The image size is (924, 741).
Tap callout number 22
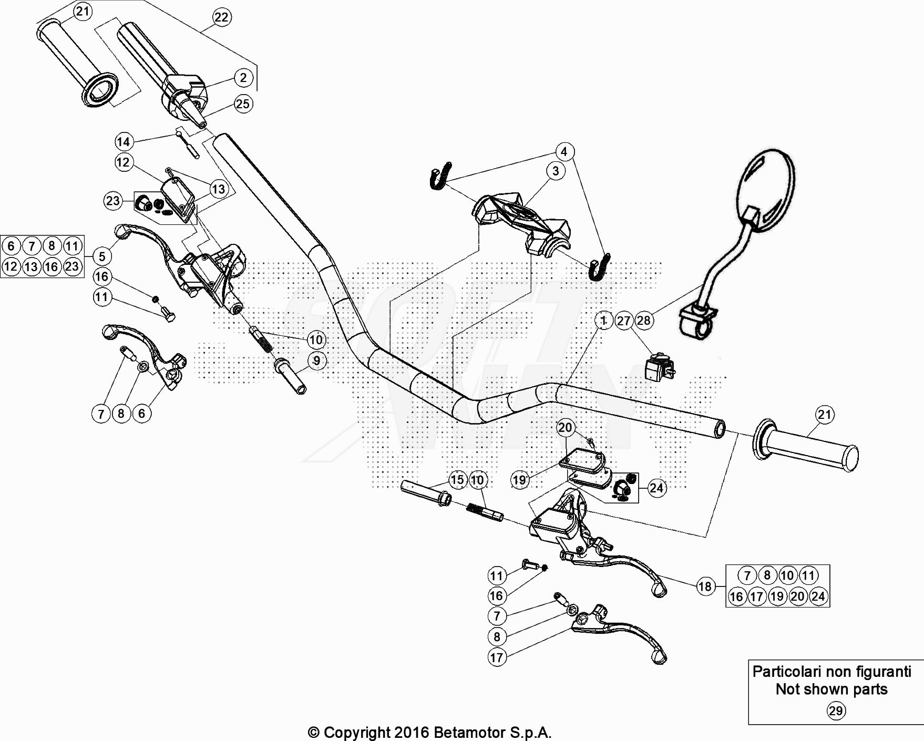(221, 17)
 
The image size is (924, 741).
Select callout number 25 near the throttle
(243, 104)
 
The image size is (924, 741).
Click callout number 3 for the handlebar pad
(556, 171)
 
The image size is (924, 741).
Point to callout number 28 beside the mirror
(644, 320)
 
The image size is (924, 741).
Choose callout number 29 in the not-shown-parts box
(836, 711)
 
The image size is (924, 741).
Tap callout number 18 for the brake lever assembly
(705, 586)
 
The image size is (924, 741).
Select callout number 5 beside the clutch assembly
(102, 256)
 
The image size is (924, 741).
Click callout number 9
(316, 361)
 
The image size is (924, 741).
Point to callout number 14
(123, 141)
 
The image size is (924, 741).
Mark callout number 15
(457, 479)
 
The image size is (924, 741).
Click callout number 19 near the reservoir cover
(519, 479)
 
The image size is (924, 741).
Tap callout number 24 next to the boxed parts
(656, 488)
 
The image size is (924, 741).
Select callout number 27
(624, 320)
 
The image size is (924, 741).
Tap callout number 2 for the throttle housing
(243, 78)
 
